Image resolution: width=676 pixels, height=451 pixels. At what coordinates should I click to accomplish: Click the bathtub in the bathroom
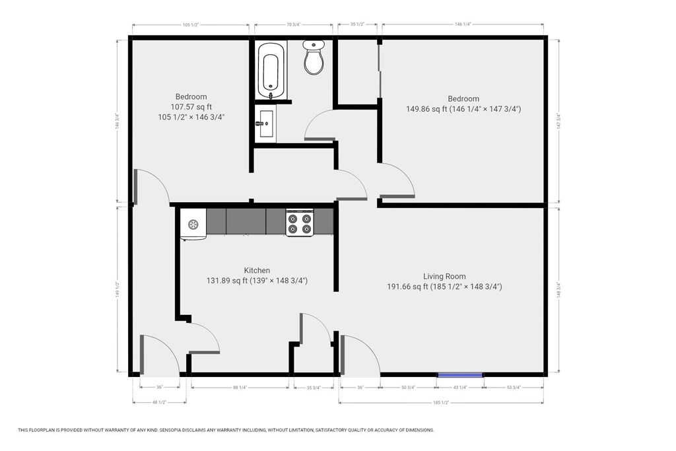click(270, 70)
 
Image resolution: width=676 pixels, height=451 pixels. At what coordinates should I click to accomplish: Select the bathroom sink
click(267, 123)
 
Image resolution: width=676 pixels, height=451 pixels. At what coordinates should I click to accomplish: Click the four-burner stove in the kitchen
click(299, 223)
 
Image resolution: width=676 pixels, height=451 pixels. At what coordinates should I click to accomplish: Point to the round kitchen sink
click(193, 225)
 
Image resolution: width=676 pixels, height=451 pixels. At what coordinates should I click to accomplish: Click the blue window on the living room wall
click(460, 375)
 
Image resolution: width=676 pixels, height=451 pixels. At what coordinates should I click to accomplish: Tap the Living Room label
click(444, 277)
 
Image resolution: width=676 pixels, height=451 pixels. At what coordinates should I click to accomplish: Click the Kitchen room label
click(257, 271)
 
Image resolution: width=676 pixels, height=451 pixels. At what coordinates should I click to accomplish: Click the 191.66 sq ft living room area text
click(407, 287)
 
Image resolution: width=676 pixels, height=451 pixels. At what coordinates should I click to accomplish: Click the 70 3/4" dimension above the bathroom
click(294, 25)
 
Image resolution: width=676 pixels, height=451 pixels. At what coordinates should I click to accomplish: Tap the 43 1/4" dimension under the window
click(460, 388)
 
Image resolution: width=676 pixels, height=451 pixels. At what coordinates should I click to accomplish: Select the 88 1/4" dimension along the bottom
click(240, 388)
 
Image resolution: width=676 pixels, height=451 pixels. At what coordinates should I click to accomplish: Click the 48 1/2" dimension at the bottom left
click(159, 402)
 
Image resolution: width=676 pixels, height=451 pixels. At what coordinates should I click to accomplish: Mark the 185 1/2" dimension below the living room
click(441, 402)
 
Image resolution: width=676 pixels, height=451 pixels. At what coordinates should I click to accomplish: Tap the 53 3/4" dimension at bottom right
click(513, 388)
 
